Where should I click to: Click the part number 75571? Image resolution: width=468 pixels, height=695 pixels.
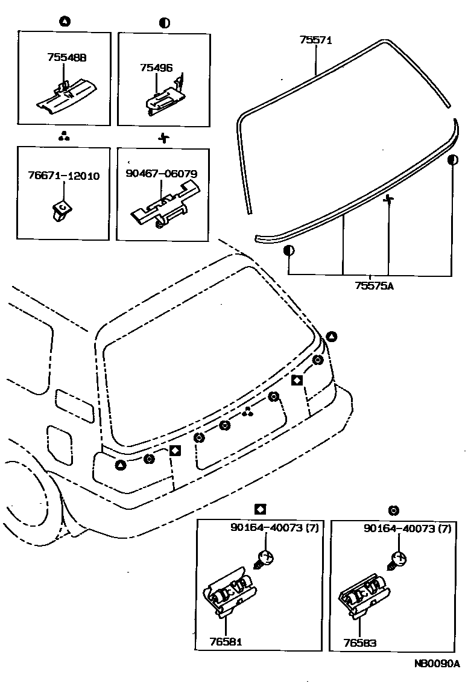(315, 40)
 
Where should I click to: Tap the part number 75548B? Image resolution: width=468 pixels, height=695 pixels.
(66, 58)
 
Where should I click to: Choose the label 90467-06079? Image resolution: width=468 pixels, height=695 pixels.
(162, 174)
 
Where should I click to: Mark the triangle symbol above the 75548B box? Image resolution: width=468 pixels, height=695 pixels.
(65, 22)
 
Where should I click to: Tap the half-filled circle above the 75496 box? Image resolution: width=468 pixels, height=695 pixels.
(164, 23)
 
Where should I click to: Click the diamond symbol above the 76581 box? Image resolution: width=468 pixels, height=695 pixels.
(260, 509)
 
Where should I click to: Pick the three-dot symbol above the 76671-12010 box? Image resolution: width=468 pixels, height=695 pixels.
(64, 137)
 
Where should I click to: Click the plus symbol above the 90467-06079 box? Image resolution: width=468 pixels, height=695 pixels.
(163, 138)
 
